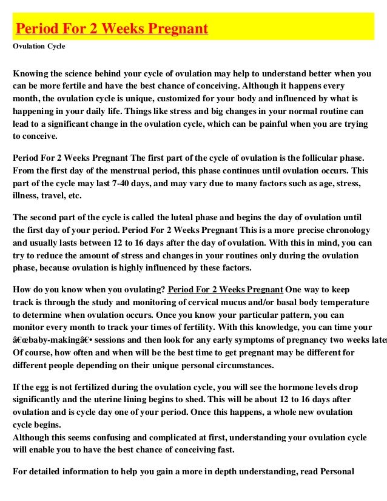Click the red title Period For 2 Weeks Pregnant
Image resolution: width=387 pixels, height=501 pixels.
[x=112, y=29]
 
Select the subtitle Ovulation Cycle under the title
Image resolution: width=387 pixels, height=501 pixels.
[x=39, y=46]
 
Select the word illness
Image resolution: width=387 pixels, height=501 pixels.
[x=27, y=196]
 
